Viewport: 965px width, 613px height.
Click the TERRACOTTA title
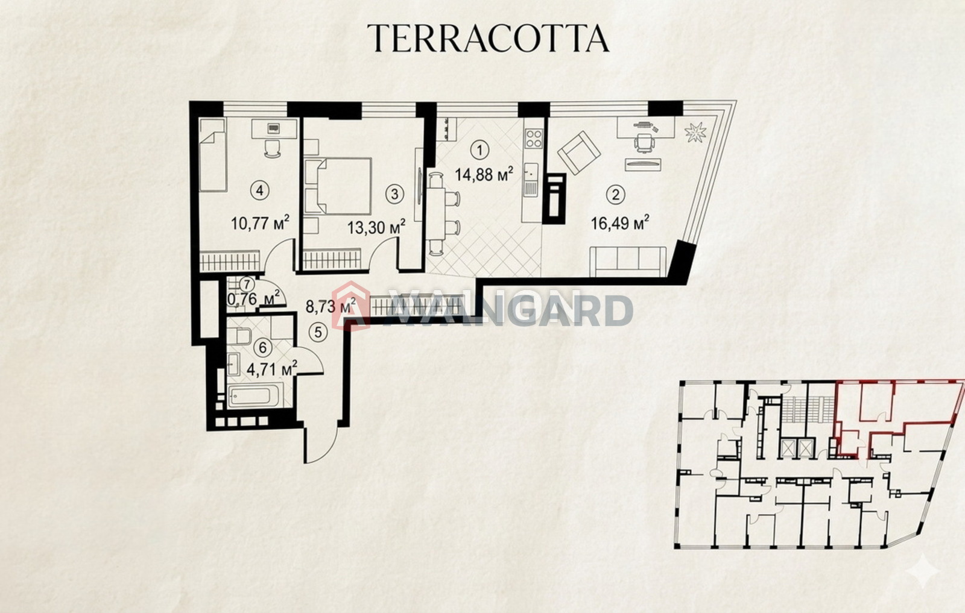coord(488,38)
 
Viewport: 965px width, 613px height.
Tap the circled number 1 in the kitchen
coord(480,151)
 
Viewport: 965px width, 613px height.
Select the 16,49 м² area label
coord(620,224)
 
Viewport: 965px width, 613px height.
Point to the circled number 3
coord(394,194)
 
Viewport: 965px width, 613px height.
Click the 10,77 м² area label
coord(260,224)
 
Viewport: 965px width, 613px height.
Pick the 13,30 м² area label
coord(376,227)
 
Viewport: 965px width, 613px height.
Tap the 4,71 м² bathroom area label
coord(272,369)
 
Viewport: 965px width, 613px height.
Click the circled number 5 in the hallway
coord(318,332)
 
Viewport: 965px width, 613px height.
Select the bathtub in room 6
coord(256,395)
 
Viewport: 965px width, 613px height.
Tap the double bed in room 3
coord(338,186)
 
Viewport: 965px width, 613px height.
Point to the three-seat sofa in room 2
coord(628,262)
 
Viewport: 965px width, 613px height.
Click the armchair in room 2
coord(578,153)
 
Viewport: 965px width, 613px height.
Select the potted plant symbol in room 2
coord(695,132)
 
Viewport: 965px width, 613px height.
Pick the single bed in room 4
coord(213,155)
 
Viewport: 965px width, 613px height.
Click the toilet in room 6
coord(239,336)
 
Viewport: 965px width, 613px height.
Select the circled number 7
coord(247,284)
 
